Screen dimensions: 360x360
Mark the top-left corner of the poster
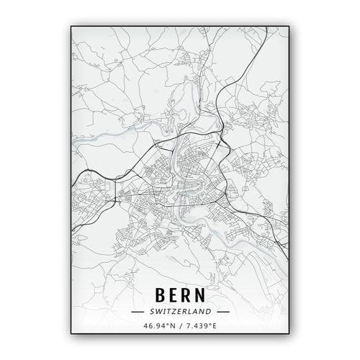coord(70,26)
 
